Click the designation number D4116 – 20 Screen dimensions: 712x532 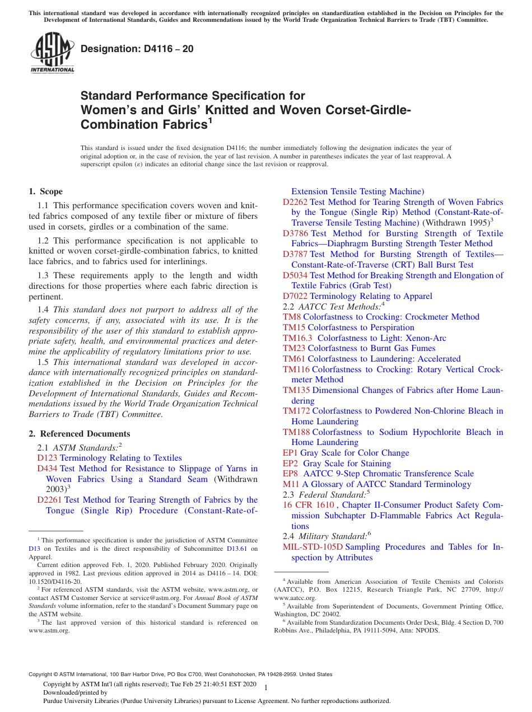click(x=137, y=49)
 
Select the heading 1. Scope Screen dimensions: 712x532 click(x=46, y=191)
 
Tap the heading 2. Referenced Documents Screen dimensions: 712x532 click(x=80, y=434)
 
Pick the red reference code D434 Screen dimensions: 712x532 click(x=47, y=469)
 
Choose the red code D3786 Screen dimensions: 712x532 click(x=295, y=233)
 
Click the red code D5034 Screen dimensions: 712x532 click(x=295, y=275)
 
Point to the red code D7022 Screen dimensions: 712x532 click(x=295, y=296)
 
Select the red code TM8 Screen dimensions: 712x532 click(x=292, y=317)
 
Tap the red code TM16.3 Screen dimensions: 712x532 click(x=298, y=338)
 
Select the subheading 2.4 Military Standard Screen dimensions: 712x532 click(x=328, y=536)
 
